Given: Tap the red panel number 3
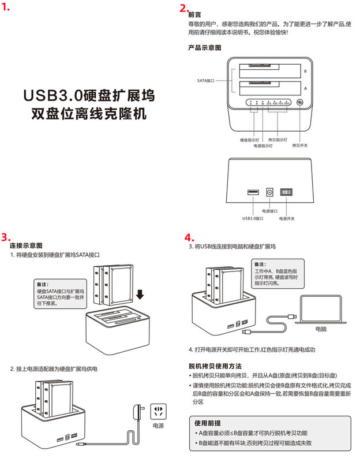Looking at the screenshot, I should coord(6,237).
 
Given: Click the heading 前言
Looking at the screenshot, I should coord(195,14).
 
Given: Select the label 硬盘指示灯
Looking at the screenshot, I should coord(249,140).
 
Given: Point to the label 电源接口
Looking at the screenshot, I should coord(269,213).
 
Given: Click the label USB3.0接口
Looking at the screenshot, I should coord(253,218).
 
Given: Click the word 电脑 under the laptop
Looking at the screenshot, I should coord(321,329).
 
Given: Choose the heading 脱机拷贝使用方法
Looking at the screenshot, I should coord(215,366).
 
